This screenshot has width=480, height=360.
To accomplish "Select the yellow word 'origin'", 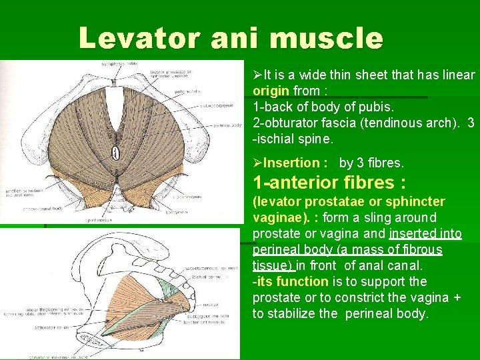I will click(x=271, y=90).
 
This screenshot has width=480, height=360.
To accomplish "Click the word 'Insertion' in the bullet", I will click(x=291, y=163).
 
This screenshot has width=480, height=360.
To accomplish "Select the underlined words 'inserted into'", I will click(x=425, y=233).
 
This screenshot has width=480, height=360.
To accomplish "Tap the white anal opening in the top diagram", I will click(x=115, y=153).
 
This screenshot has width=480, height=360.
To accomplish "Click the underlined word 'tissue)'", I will click(x=273, y=265).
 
